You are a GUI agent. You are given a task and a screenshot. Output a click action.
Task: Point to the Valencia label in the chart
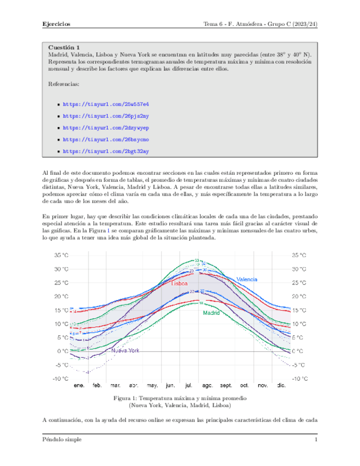(x=247, y=279)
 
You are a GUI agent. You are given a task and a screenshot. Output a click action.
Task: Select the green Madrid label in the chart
(x=211, y=313)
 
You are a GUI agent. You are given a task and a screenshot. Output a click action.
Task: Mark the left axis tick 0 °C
(x=63, y=351)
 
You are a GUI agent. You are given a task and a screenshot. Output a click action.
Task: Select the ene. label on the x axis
(x=79, y=386)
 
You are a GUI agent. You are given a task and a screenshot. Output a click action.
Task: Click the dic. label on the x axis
(x=281, y=386)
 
